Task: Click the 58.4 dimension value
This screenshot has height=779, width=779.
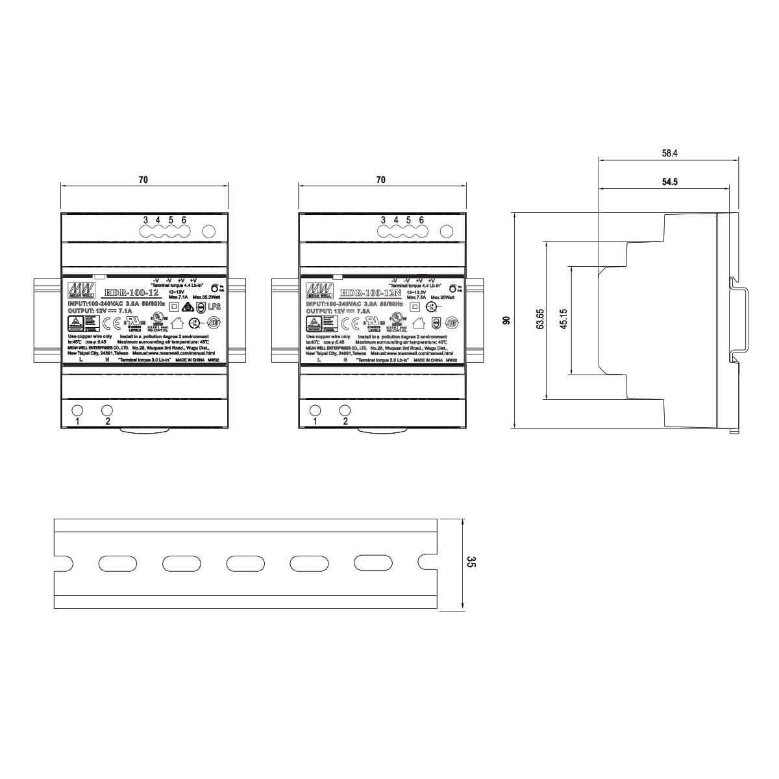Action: (x=669, y=154)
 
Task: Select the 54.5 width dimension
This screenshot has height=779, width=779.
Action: (x=669, y=182)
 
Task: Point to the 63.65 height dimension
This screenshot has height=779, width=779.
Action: (x=540, y=319)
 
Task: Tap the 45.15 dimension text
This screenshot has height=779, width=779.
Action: (x=563, y=319)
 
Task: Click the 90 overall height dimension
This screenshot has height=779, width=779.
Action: (x=508, y=319)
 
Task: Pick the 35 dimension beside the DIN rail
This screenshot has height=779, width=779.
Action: (x=471, y=563)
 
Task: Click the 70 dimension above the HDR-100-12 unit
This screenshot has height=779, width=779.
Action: (x=143, y=180)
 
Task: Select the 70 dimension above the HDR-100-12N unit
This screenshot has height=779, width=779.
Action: (x=380, y=180)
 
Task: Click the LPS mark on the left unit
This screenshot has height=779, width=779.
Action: (x=214, y=306)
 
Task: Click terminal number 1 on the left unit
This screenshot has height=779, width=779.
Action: (x=77, y=421)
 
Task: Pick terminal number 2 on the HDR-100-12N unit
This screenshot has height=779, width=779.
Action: (x=345, y=421)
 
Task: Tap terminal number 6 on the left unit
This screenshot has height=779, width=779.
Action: (x=184, y=220)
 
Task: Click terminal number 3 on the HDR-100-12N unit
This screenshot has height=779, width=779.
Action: (x=383, y=220)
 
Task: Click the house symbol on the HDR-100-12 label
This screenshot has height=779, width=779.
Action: (x=175, y=321)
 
